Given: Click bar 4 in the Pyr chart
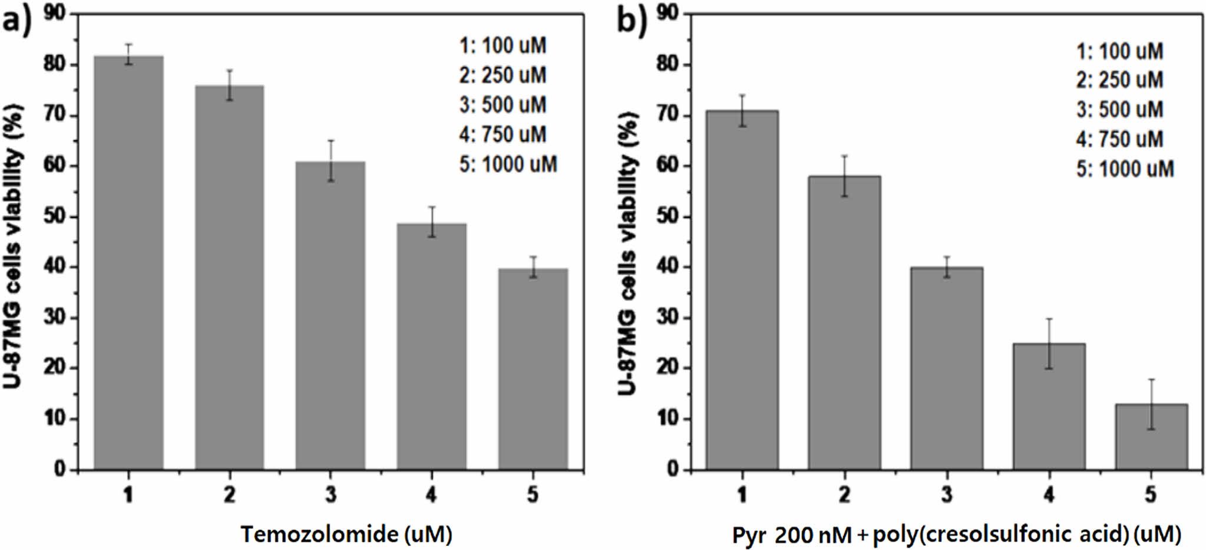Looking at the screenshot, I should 1049,406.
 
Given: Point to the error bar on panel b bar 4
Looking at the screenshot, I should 1049,344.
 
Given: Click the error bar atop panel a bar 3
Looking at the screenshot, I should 331,160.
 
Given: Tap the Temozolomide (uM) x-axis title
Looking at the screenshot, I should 346,534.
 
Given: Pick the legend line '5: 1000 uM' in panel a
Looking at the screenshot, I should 508,164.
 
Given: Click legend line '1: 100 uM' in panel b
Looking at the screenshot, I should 1119,51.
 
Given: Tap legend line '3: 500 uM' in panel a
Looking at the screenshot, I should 503,105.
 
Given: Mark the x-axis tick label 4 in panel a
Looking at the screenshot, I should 431,494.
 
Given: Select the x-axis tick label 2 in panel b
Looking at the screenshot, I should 844,494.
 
